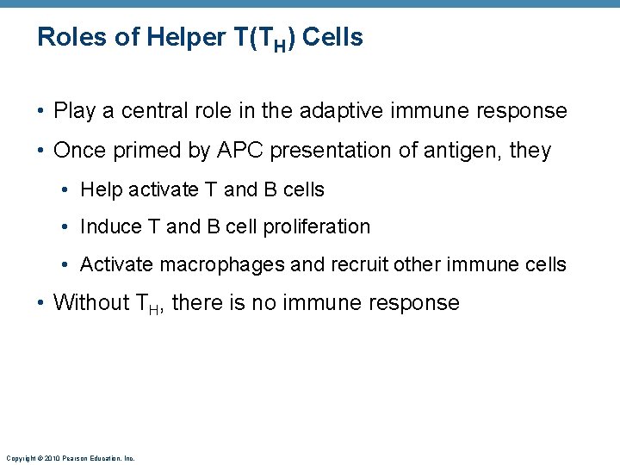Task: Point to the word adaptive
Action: point(338,111)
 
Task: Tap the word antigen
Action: point(446,151)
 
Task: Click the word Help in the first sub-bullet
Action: point(99,189)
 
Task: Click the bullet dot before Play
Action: point(41,112)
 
